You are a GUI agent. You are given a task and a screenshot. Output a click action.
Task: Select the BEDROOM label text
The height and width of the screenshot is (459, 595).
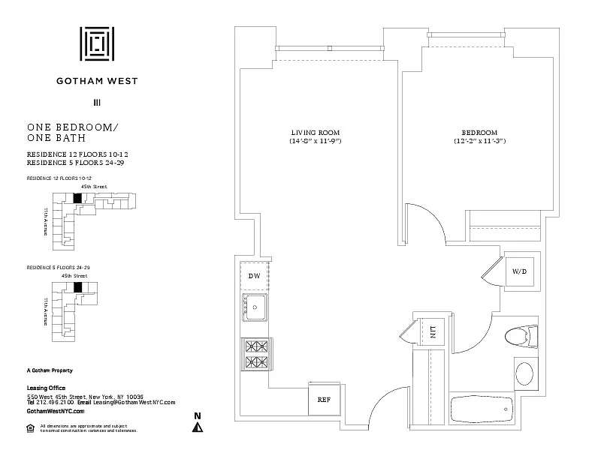(x=479, y=132)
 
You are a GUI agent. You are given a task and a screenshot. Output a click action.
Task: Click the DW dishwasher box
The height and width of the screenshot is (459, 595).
(x=254, y=275)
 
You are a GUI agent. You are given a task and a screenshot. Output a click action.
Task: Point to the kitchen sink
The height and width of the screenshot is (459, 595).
(x=256, y=307)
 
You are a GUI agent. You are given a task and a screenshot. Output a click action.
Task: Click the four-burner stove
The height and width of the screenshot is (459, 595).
(x=255, y=355)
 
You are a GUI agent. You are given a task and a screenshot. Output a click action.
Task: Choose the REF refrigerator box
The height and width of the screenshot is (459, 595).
(x=324, y=399)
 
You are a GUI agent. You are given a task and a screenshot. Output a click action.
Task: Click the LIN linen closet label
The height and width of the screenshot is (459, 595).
(x=433, y=331)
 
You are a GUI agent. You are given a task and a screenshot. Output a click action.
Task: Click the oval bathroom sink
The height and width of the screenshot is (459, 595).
(x=524, y=373)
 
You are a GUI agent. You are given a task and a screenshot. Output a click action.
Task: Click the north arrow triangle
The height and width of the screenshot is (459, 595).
(x=198, y=427)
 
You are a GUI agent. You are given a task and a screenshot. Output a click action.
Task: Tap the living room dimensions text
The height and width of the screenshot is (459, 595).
(x=316, y=141)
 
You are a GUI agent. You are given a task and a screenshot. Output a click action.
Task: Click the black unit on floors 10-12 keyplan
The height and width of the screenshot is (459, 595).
(x=76, y=198)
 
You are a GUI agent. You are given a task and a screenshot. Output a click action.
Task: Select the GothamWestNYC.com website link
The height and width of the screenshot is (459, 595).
(x=56, y=411)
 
